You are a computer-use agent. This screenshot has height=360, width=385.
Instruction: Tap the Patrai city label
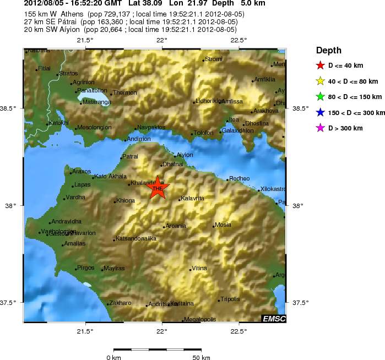click(131, 157)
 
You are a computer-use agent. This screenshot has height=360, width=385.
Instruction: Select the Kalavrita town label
click(193, 198)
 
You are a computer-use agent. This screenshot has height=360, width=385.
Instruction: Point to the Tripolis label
click(230, 299)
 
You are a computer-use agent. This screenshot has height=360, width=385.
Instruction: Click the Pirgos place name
click(86, 268)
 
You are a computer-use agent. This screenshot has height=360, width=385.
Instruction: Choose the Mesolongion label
click(95, 128)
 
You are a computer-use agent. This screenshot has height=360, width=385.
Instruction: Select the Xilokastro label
click(273, 189)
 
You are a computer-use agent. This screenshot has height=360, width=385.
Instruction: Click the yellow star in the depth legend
click(320, 81)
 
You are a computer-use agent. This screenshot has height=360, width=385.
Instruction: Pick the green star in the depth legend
click(320, 97)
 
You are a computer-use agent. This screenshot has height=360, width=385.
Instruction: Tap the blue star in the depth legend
click(320, 113)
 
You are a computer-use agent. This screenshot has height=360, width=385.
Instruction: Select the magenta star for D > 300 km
click(320, 128)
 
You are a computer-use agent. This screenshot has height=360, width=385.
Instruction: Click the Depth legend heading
click(329, 51)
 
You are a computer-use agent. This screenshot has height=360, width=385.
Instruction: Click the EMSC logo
click(273, 319)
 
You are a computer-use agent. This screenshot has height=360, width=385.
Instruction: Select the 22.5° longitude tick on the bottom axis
click(238, 331)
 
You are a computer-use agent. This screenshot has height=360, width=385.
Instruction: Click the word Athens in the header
click(61, 14)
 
